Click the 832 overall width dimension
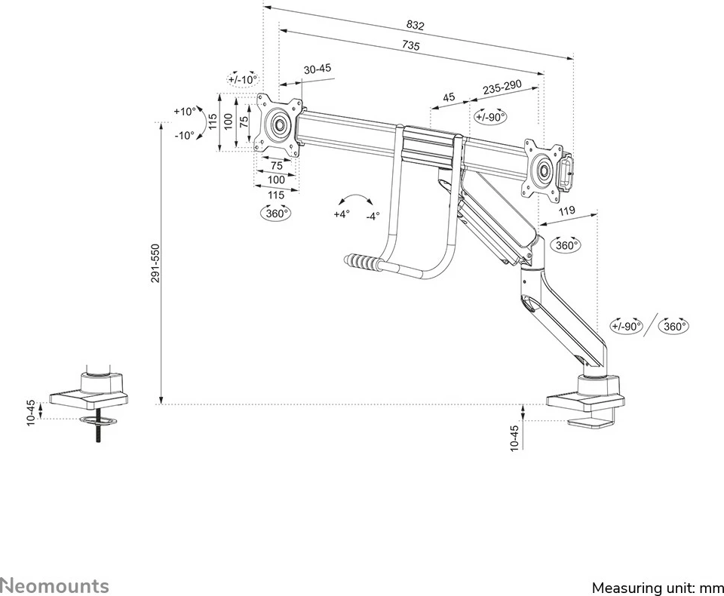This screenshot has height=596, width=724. point(415,25)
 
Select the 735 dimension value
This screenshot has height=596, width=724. point(410,45)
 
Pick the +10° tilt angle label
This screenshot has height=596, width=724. point(184,112)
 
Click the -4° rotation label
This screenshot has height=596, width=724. point(373,216)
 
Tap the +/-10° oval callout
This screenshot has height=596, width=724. point(243,79)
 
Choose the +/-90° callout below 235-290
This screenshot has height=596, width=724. point(490,117)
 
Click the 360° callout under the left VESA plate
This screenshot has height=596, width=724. point(276,214)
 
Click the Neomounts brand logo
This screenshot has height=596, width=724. point(54,585)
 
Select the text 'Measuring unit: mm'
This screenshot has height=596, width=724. point(657,587)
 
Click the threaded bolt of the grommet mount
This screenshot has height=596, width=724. point(98,433)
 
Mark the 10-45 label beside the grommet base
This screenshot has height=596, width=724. point(30,412)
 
